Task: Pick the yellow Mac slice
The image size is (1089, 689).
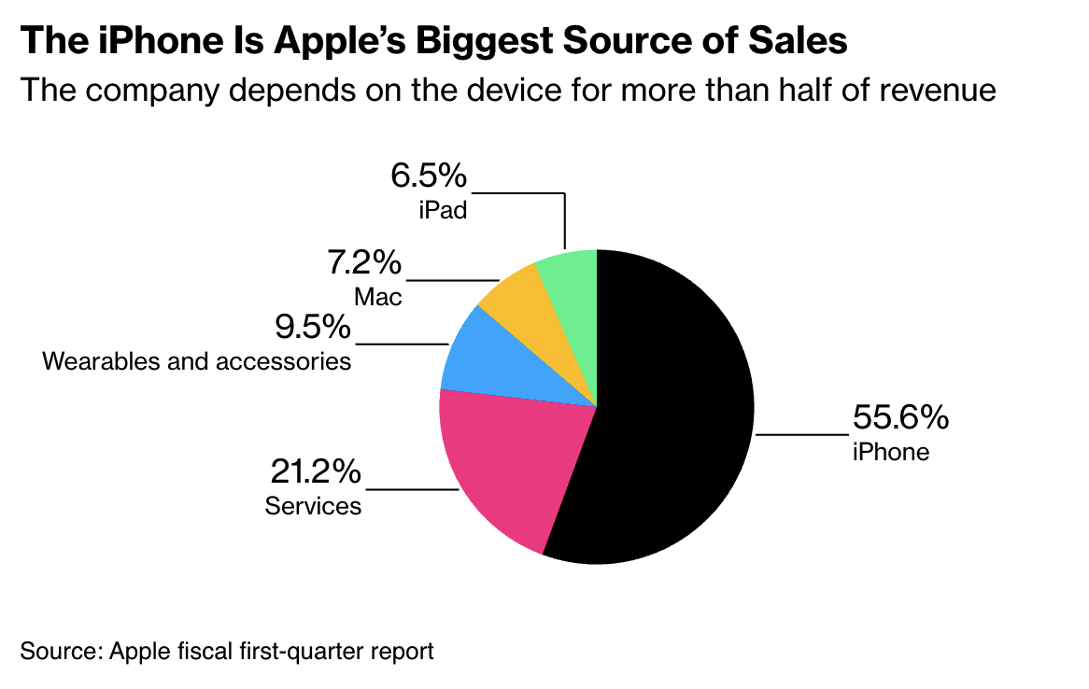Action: click(518, 299)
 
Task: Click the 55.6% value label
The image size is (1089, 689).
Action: click(900, 417)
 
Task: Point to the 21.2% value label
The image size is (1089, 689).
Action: click(316, 472)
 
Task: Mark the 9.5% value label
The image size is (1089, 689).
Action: click(313, 328)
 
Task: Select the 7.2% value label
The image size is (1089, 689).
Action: click(364, 263)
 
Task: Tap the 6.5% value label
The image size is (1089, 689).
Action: click(428, 176)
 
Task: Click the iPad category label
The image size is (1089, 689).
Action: click(443, 210)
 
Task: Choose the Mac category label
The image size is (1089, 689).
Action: click(378, 297)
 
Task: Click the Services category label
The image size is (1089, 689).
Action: click(313, 506)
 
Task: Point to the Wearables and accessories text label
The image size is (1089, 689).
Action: click(197, 360)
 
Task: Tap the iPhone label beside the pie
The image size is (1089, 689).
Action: click(890, 452)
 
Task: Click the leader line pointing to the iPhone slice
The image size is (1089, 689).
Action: click(801, 434)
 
